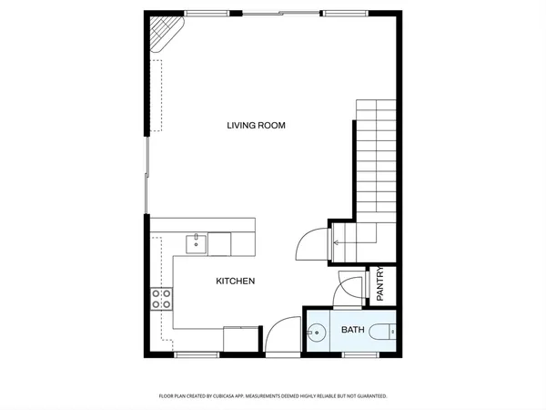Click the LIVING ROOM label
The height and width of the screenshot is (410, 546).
257,125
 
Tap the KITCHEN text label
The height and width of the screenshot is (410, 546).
235,282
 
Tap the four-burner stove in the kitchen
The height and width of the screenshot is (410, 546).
162,300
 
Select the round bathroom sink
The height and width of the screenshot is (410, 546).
317,333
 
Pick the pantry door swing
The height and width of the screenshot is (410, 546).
348,287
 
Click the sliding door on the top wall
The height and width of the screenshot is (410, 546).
280,14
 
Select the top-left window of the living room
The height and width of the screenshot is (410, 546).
200,14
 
